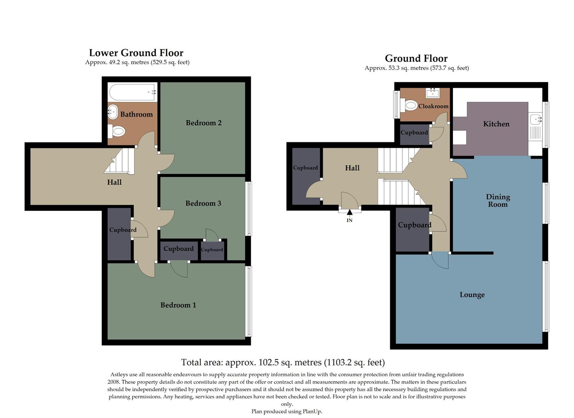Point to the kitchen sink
535,120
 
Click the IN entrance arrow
349,212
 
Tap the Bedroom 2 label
203,123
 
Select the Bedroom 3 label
203,204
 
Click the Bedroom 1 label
178,305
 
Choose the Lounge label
472,295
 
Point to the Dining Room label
498,200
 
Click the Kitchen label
496,124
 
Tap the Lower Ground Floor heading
136,53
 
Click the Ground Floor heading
416,58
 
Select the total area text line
283,363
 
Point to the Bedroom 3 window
249,209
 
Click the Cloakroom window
396,104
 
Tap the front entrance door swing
349,200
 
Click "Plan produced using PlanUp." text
286,411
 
